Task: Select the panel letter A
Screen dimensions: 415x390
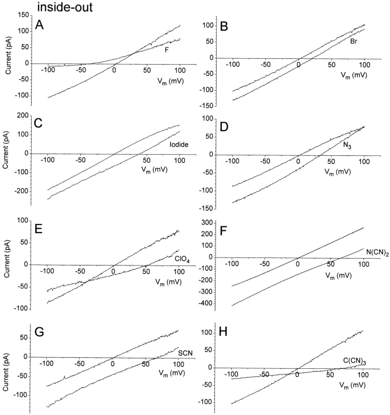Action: pyautogui.click(x=39, y=25)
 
